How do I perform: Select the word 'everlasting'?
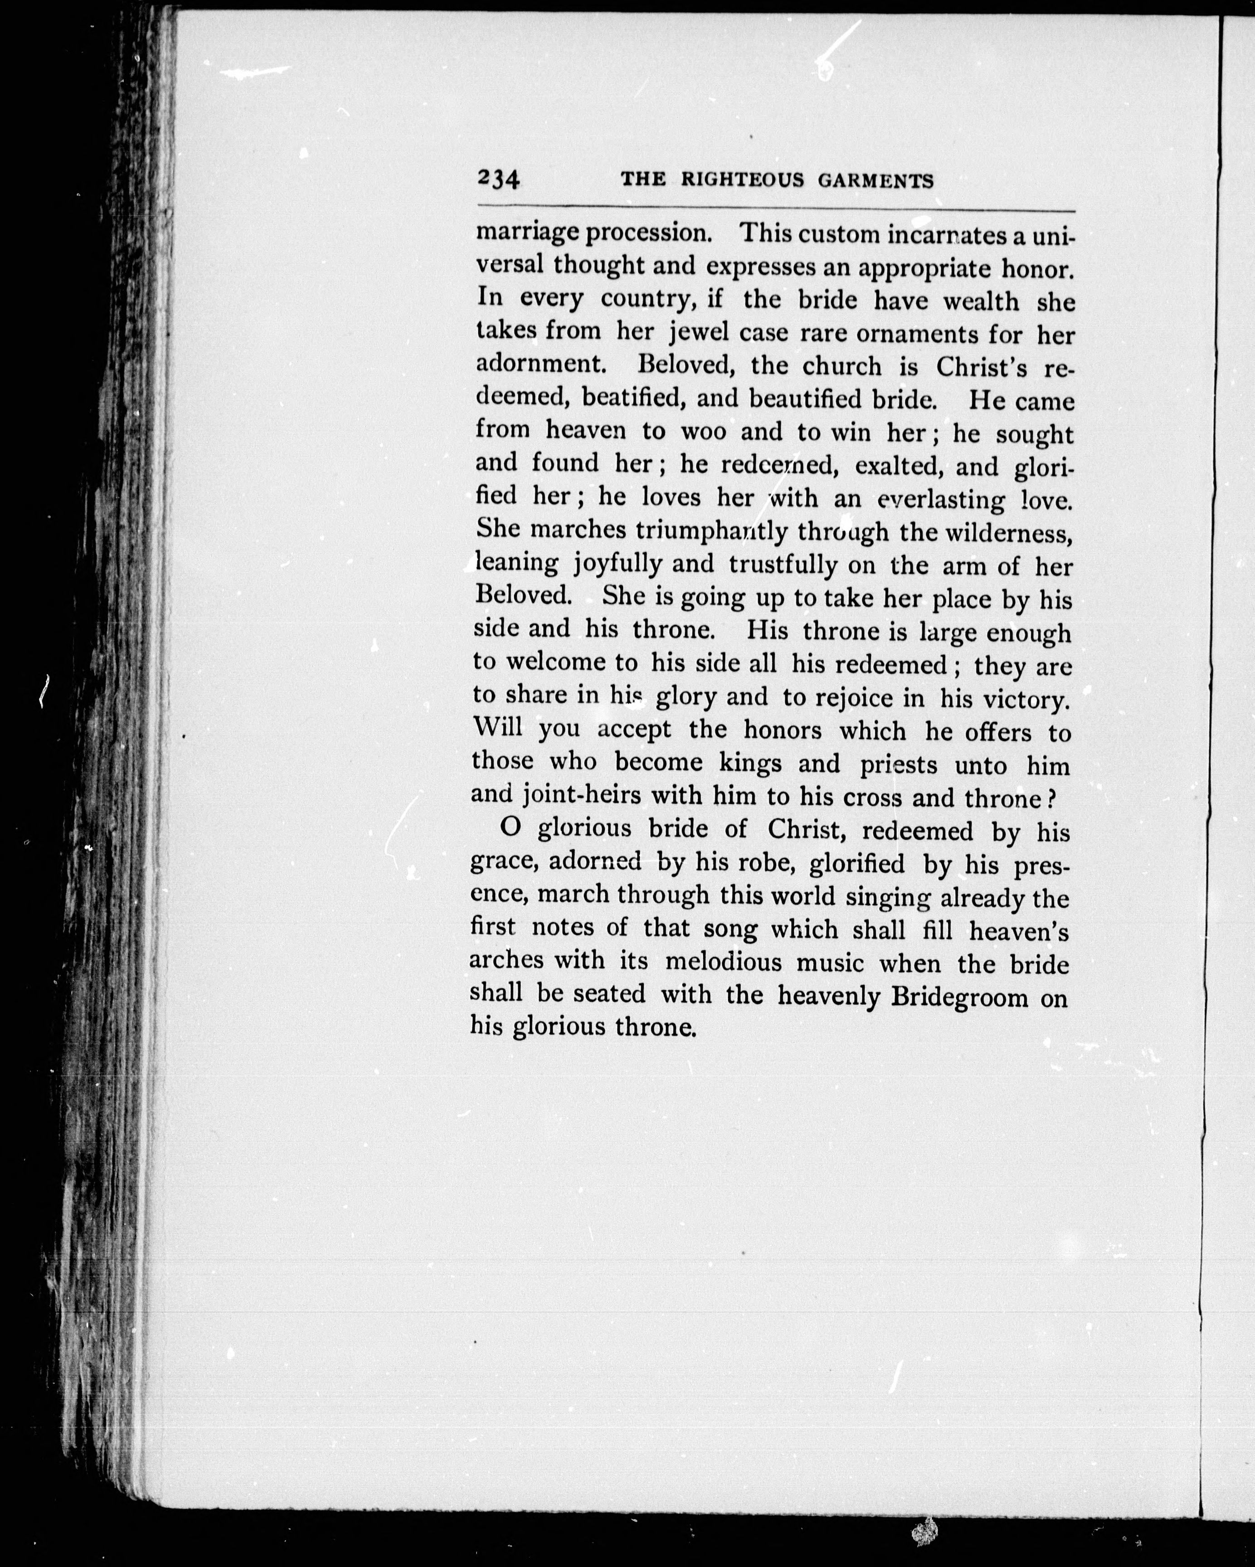[x=941, y=500]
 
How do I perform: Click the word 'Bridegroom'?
[x=959, y=997]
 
